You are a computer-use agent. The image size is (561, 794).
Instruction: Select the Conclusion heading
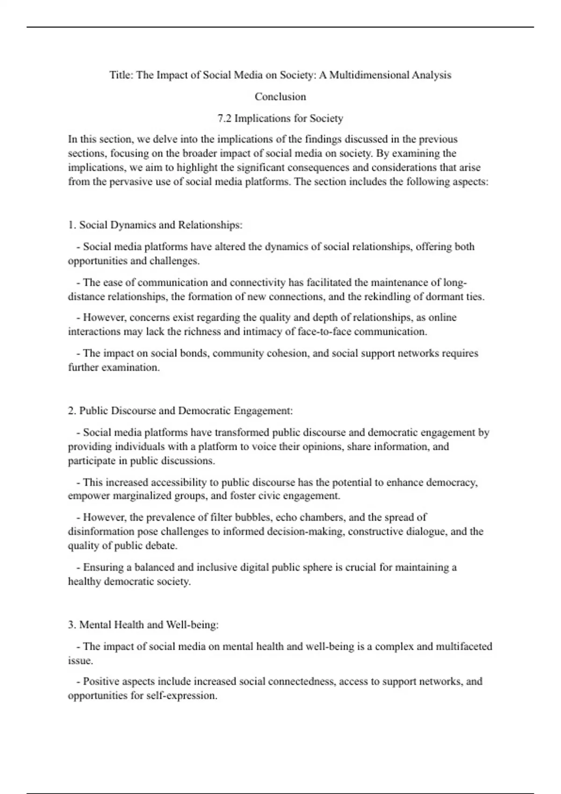coord(280,97)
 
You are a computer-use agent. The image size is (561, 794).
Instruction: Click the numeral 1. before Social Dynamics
coord(72,225)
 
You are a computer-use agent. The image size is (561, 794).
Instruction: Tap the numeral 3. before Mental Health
coord(72,625)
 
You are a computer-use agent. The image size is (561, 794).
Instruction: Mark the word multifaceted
coord(464,647)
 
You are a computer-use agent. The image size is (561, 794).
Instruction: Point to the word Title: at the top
coord(122,75)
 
